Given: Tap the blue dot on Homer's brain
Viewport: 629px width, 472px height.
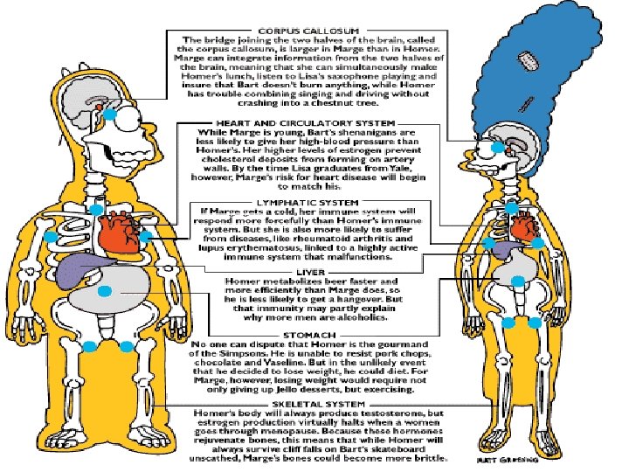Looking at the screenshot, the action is [x=112, y=111].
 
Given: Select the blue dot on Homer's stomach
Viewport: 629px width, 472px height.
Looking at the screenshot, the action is [x=105, y=291].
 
